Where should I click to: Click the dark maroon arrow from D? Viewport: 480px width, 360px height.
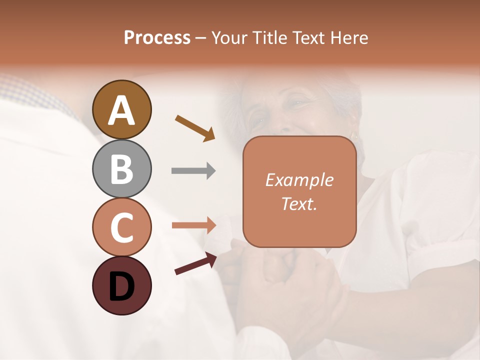pos(195,263)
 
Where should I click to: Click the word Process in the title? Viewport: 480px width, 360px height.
pos(157,38)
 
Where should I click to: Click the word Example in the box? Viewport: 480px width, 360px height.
pos(299,180)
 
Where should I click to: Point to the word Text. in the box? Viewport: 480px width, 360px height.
pos(299,203)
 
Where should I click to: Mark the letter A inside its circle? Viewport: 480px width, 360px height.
pos(121,111)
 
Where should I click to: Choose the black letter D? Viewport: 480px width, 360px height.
pos(121,286)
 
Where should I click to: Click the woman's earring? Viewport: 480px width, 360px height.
pos(354,135)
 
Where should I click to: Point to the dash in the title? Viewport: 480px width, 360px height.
pos(201,38)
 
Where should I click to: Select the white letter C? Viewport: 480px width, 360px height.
pos(121,227)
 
